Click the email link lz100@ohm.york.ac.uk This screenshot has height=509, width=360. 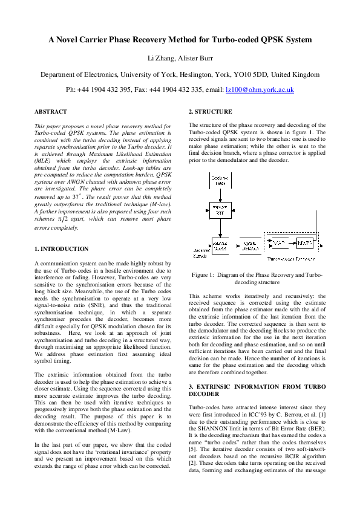tap(260, 89)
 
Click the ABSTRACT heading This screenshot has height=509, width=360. tap(51, 112)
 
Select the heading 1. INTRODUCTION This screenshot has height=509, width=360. tap(61, 248)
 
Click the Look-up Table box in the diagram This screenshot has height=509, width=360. tap(220, 180)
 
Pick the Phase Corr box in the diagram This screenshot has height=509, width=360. tap(220, 245)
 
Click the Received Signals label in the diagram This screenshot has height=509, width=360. tap(201, 253)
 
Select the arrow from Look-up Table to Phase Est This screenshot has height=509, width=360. tap(220, 195)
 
